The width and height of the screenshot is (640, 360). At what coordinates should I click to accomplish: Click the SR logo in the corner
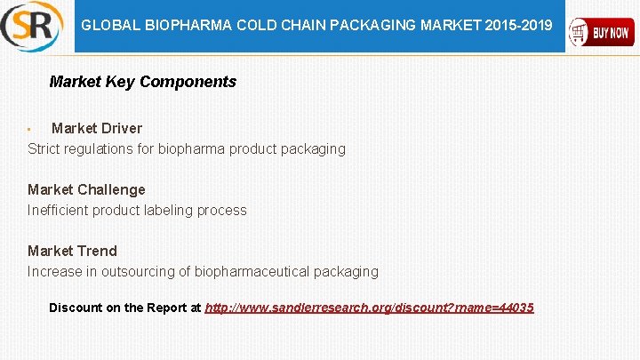click(x=32, y=27)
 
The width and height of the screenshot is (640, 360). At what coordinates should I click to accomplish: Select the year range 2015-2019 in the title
click(x=518, y=26)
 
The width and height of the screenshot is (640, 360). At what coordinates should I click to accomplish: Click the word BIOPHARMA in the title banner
click(x=188, y=26)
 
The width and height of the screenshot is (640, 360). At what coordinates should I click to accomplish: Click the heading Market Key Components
click(x=142, y=82)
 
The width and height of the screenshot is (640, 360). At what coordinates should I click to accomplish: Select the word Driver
click(x=121, y=128)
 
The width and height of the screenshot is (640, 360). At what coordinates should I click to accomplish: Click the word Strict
click(x=44, y=148)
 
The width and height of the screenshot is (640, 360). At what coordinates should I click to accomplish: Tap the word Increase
click(x=57, y=271)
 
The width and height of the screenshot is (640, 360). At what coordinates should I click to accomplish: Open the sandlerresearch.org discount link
click(x=369, y=308)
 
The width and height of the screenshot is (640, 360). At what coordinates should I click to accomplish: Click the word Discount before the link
click(x=76, y=308)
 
